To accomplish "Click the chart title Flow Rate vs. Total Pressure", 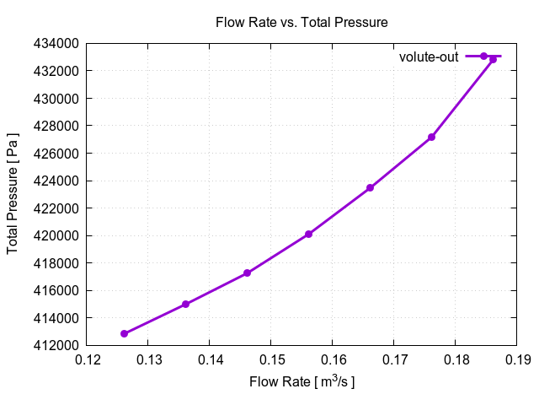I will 302,23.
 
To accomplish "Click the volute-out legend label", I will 428,57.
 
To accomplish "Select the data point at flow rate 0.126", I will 125,333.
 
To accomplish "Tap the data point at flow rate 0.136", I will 185,305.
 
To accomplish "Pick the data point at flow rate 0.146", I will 247,273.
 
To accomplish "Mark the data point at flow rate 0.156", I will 308,234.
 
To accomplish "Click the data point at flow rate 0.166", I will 370,187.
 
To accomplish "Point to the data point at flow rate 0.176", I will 431,137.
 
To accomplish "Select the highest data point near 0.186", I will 493,59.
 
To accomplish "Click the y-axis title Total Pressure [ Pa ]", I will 13,194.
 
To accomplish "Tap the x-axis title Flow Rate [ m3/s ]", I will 302,382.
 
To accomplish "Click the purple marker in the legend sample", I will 483,56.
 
